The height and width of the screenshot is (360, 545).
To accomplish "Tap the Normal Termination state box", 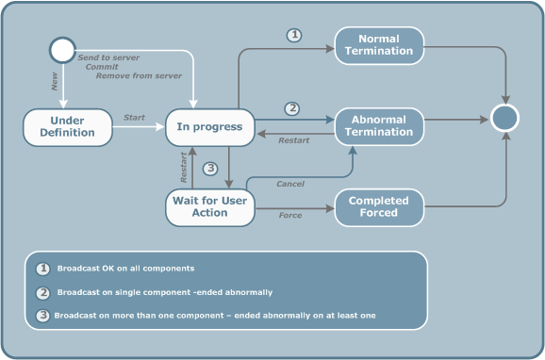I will click(x=379, y=44).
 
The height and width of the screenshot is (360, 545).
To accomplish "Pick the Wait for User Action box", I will click(x=209, y=206).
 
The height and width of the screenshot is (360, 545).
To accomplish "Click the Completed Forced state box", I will click(x=379, y=206).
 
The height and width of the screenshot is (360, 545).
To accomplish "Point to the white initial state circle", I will click(x=62, y=50).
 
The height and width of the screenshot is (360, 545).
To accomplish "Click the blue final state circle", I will click(x=504, y=118).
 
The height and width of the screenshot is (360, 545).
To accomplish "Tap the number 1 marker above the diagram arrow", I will click(x=293, y=35).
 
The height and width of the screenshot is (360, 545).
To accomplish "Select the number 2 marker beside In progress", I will click(x=292, y=108).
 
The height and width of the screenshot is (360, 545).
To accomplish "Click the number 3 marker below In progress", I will click(x=210, y=170).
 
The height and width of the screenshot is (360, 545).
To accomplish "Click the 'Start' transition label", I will click(x=134, y=118).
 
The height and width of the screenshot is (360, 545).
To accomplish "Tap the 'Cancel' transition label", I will click(x=289, y=184).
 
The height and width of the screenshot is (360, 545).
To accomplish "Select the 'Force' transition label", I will click(x=289, y=216).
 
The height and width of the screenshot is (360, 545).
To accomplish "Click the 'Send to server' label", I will click(x=107, y=57).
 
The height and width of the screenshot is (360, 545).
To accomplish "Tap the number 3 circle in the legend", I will click(x=42, y=315).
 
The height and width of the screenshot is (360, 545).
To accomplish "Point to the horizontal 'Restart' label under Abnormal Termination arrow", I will click(x=293, y=141).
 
